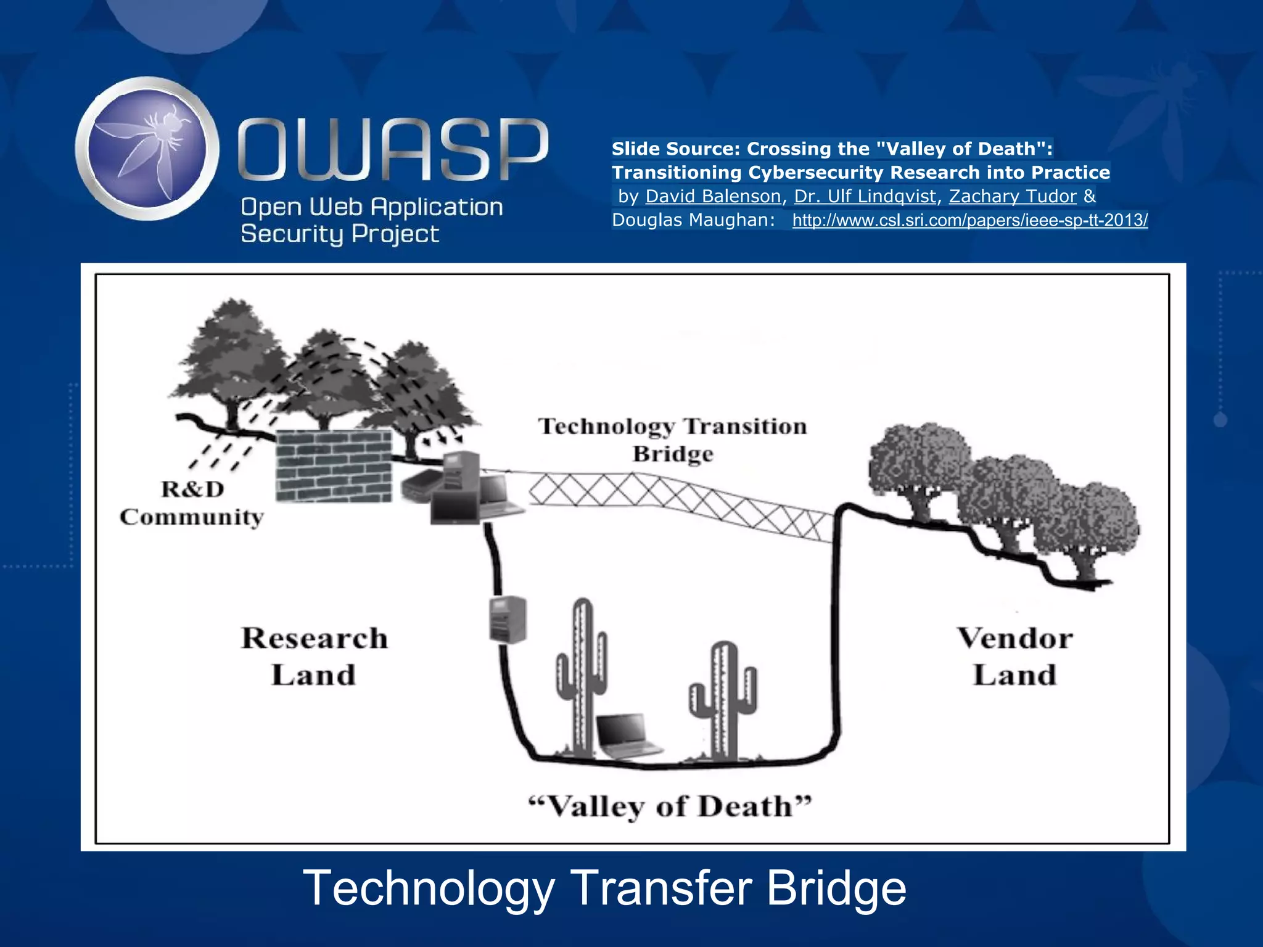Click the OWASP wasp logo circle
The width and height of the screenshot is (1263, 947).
click(x=147, y=149)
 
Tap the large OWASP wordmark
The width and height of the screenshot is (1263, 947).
click(x=393, y=150)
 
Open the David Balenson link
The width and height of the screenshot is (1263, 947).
click(x=713, y=196)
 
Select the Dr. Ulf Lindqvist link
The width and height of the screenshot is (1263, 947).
click(x=865, y=196)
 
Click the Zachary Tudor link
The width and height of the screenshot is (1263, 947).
click(x=1013, y=196)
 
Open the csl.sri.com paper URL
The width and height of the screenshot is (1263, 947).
click(x=969, y=220)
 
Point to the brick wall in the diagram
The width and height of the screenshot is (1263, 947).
click(x=333, y=465)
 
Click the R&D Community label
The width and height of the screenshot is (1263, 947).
click(x=192, y=502)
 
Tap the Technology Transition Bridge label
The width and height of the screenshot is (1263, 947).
click(x=672, y=440)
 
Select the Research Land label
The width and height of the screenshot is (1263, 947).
click(x=315, y=656)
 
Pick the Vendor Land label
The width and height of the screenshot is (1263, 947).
click(x=1015, y=656)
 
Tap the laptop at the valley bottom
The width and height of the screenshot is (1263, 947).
click(x=627, y=735)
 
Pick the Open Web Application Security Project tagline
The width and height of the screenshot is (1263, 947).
click(x=371, y=220)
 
